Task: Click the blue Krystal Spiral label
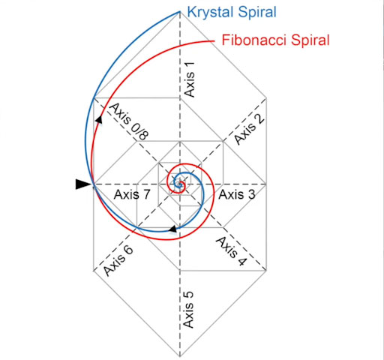coord(232,12)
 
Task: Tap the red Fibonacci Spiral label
coord(276,40)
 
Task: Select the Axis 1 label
coord(189,79)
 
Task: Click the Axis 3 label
coord(237,194)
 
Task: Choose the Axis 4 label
coord(231,251)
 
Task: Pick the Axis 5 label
coord(188,310)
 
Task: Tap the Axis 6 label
coord(118,262)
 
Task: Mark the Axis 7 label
coord(132,194)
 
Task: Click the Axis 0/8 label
coord(129,121)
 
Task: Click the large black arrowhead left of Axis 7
coord(83,184)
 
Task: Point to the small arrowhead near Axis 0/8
coord(99,119)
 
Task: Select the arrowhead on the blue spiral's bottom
coord(173,229)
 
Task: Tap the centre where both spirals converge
coord(179,184)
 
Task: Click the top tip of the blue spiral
coord(179,11)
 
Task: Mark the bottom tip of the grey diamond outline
coord(180,356)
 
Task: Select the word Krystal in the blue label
coord(211,12)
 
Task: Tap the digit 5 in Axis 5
coord(188,295)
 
